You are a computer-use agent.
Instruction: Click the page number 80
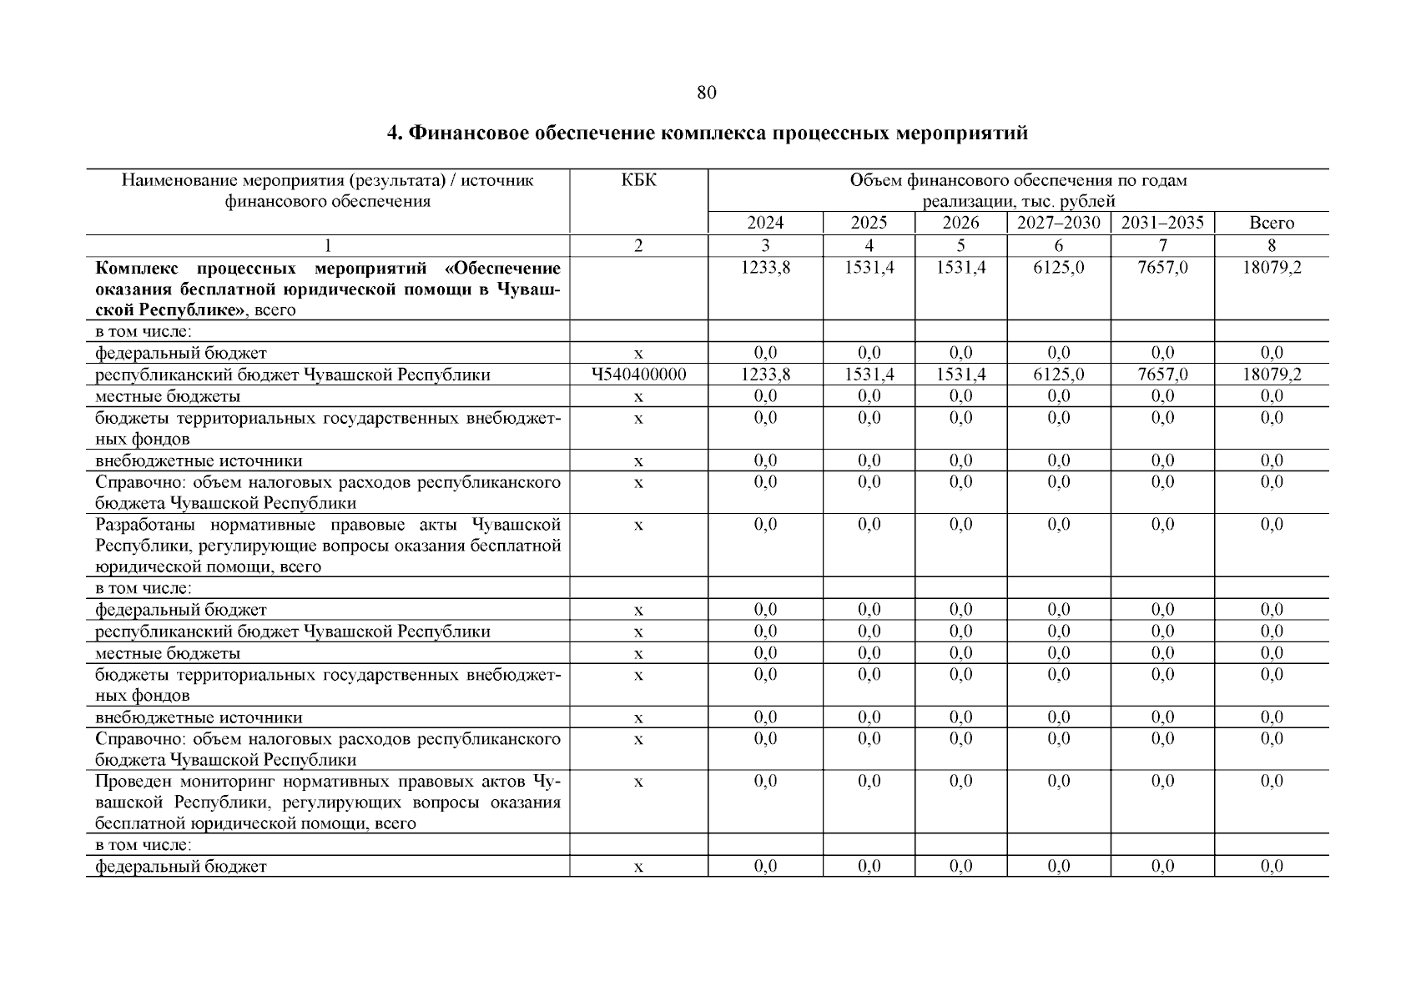706,93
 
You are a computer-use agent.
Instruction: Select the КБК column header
639,180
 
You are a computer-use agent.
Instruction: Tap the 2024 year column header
765,223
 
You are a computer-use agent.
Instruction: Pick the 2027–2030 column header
1058,223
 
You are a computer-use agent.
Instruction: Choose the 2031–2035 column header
1162,223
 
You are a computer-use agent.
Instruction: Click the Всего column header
1272,223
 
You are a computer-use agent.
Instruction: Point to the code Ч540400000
639,375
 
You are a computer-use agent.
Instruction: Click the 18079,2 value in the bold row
1272,268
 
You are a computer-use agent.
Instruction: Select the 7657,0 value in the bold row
1162,268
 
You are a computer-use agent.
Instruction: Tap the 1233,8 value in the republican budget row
765,375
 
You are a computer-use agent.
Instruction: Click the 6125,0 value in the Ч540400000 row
1058,375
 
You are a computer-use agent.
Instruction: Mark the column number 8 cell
1272,245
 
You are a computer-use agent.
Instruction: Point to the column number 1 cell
328,245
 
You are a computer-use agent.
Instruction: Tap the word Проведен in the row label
132,782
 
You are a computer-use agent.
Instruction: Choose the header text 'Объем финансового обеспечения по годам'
1018,180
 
